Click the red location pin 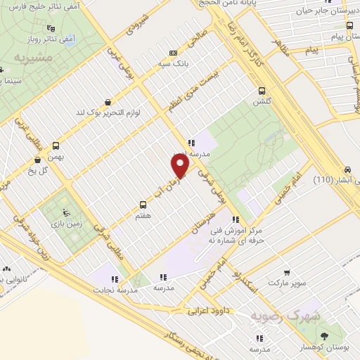click(181, 165)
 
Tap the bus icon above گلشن click(262, 90)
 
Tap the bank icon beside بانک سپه click(174, 52)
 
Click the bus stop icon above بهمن click(70, 147)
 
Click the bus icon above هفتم click(143, 200)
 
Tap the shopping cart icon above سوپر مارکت click(287, 271)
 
